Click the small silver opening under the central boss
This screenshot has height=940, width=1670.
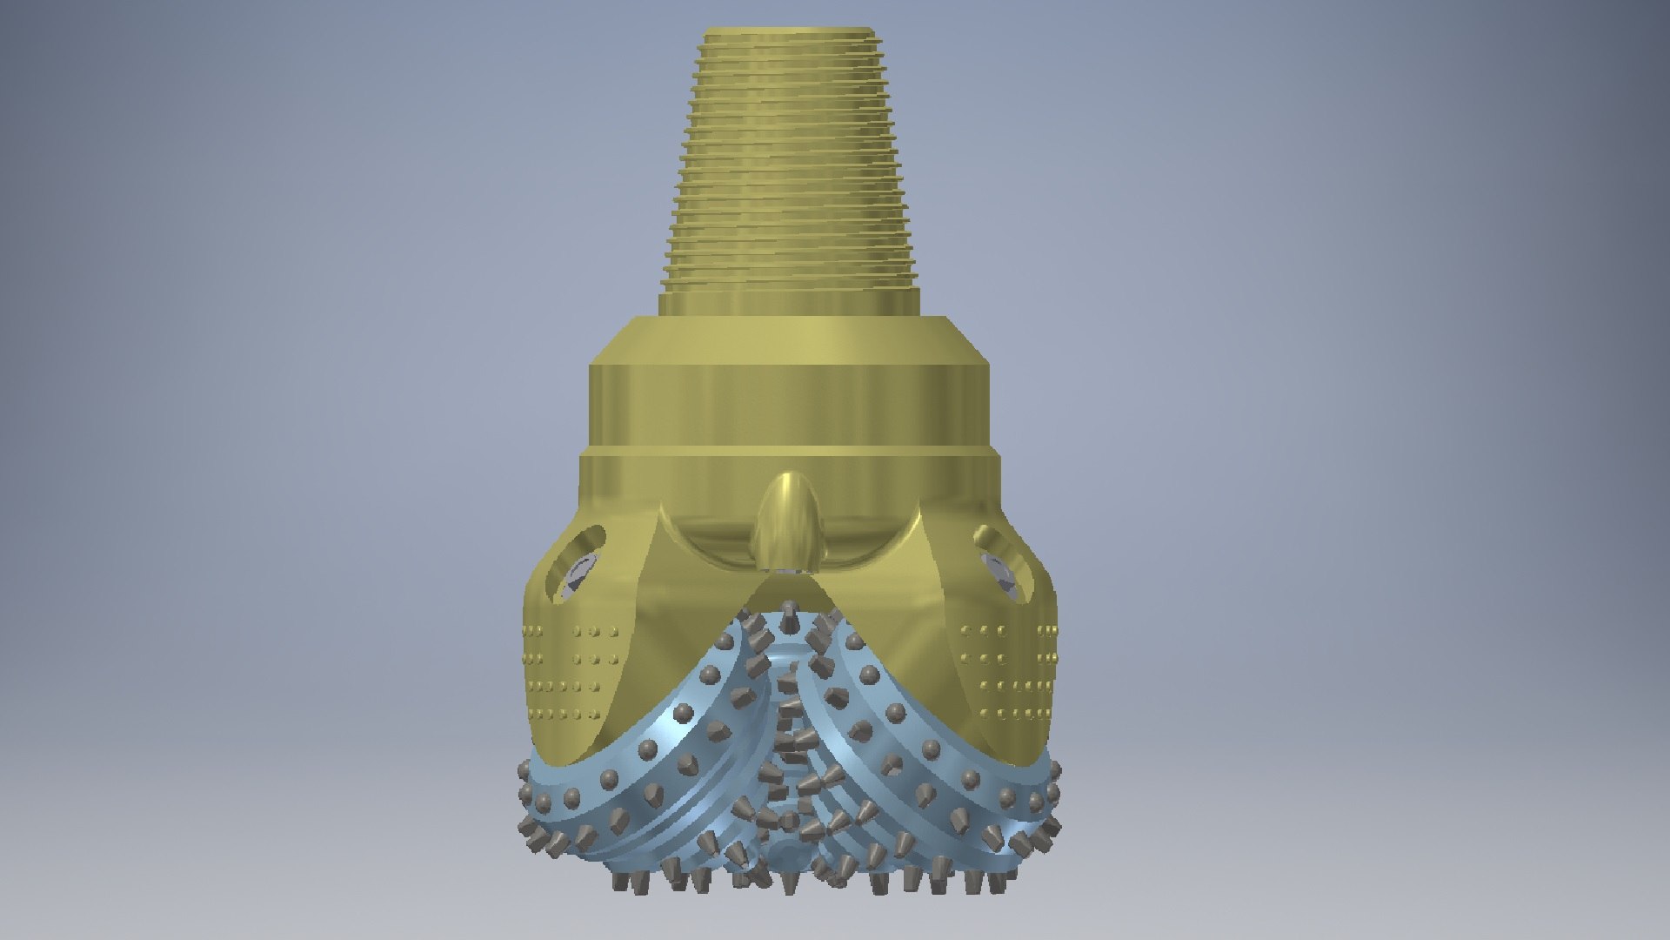tap(788, 571)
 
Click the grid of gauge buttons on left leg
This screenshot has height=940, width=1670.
tap(565, 670)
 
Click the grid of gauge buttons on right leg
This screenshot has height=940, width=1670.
tap(1009, 670)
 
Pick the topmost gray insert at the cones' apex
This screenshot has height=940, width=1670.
tap(788, 610)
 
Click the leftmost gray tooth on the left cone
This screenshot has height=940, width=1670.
tap(521, 770)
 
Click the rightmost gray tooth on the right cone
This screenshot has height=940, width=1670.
tap(1055, 770)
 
